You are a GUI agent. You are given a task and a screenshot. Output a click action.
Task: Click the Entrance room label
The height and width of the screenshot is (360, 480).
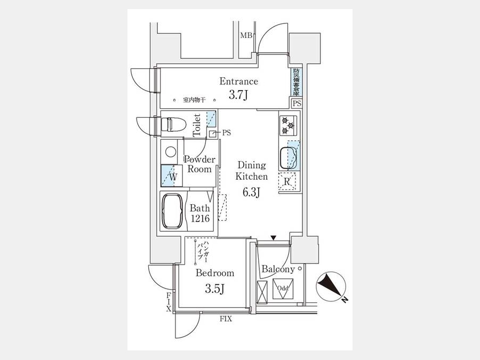239,82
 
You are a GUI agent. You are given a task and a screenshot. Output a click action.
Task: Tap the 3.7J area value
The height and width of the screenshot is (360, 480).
239,95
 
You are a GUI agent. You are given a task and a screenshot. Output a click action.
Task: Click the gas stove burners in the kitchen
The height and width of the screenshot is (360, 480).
289,126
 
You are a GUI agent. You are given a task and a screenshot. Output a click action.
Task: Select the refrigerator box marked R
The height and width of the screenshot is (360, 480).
287,182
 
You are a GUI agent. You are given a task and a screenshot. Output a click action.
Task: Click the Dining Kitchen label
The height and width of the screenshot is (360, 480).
252,171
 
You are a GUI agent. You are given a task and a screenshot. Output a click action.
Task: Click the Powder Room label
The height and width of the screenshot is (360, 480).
199,164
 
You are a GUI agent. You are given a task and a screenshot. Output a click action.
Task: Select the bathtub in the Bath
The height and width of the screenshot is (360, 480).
172,211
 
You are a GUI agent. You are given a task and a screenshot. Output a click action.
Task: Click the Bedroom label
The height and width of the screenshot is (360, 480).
214,273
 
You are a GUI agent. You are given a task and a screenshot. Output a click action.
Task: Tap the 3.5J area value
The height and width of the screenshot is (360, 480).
214,289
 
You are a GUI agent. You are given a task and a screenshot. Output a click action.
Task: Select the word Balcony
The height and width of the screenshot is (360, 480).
278,270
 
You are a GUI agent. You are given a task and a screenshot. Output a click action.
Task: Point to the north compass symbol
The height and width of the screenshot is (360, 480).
331,286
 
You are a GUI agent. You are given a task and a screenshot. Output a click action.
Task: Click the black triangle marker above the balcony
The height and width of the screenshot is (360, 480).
273,238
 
